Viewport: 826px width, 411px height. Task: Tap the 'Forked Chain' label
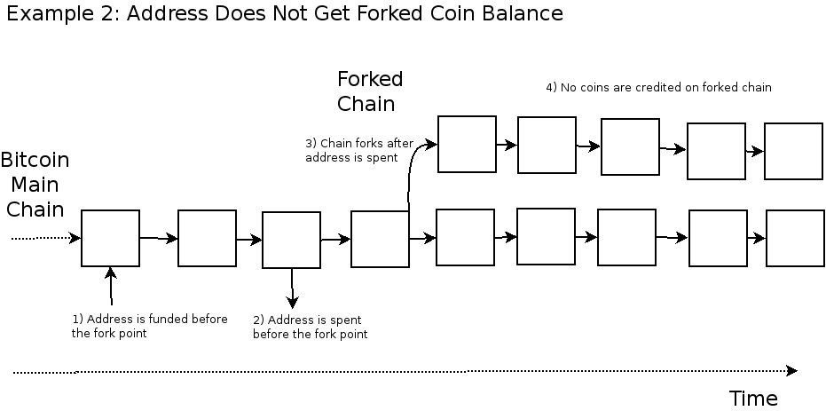pos(369,91)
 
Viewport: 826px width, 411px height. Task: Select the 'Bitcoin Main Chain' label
pos(35,185)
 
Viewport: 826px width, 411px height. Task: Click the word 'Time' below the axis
pos(752,398)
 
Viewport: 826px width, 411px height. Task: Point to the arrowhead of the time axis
pos(791,370)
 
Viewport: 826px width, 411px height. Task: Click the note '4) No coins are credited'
pos(657,88)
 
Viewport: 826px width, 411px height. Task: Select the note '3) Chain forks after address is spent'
pos(358,150)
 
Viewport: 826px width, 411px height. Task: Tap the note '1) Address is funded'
pos(149,326)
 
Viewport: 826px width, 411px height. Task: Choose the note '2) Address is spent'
pos(310,327)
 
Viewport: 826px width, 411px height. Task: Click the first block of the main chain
pos(110,238)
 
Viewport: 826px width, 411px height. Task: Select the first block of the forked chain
pos(467,144)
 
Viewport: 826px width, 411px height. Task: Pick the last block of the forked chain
pos(793,152)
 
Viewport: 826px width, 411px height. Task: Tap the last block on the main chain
pos(795,238)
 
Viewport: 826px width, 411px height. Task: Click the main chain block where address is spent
pos(291,240)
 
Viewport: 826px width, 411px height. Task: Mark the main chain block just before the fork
pos(380,239)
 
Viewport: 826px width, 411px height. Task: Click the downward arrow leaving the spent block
pos(292,288)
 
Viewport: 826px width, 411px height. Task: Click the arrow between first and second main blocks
pos(158,238)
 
